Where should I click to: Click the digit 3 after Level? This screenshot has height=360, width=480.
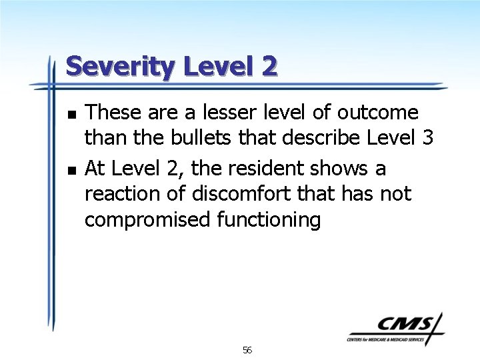click(428, 138)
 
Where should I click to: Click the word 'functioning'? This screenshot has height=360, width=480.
click(268, 221)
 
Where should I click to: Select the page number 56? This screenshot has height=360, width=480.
click(247, 350)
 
